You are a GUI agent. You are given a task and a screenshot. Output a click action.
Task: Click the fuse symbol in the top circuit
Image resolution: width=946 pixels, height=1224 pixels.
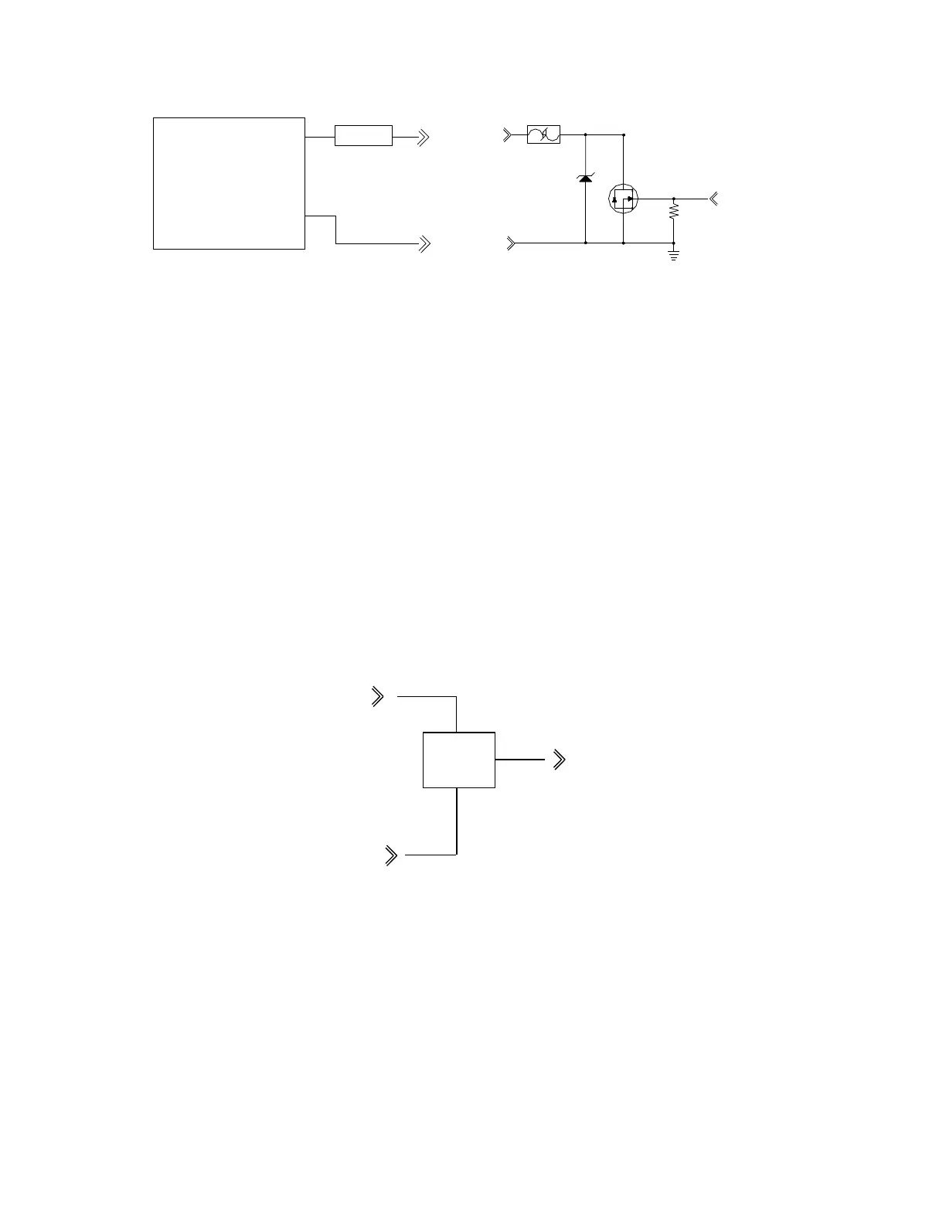click(543, 135)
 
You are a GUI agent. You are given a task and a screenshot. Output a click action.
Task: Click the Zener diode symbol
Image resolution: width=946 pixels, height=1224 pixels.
click(585, 179)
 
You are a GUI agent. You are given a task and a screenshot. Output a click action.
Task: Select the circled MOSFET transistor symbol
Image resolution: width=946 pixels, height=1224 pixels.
click(623, 199)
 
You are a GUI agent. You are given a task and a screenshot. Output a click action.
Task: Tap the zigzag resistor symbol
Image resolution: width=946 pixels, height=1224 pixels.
click(674, 210)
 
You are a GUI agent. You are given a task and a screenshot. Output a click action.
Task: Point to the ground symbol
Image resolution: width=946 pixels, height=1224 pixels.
click(674, 254)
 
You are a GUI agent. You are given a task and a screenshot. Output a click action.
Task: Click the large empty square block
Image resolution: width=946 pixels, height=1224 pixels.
click(229, 183)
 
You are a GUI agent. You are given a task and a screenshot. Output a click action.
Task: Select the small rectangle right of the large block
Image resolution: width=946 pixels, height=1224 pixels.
click(363, 135)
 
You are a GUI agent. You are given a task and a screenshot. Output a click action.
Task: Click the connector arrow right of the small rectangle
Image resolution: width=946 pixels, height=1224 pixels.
click(423, 138)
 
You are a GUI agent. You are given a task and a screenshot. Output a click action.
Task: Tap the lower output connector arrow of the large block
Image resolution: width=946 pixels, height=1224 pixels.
click(424, 243)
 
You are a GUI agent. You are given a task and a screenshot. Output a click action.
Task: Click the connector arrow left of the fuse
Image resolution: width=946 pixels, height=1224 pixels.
click(508, 135)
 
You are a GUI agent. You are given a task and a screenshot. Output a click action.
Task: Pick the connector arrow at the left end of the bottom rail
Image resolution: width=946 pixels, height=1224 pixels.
click(511, 243)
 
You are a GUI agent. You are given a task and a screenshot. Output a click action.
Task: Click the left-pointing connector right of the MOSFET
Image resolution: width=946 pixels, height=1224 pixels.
click(713, 199)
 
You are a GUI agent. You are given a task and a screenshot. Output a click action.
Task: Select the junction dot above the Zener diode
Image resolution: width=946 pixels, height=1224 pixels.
click(585, 134)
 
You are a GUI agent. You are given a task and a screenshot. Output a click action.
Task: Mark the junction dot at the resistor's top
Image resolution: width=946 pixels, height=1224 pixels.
click(674, 199)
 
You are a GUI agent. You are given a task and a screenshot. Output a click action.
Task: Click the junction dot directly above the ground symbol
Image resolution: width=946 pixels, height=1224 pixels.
click(674, 243)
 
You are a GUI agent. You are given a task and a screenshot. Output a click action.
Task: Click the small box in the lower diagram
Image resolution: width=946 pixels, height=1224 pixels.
click(459, 760)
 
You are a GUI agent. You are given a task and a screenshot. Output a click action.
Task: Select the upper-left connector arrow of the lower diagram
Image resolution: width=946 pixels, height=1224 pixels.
click(378, 696)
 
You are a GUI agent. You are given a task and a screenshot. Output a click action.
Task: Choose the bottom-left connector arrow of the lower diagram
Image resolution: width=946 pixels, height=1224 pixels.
click(391, 855)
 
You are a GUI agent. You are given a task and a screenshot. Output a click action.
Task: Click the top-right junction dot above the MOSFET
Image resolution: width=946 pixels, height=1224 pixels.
click(623, 134)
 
